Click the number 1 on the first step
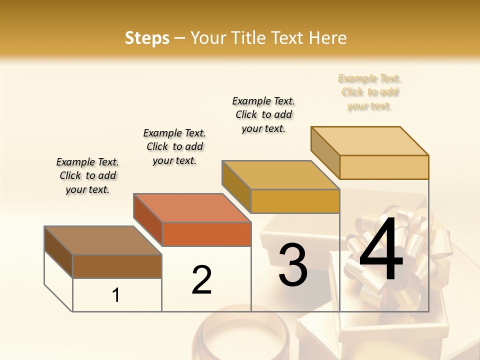click(x=116, y=295)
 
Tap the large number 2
click(x=201, y=279)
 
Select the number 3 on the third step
click(x=293, y=265)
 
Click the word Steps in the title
click(x=147, y=38)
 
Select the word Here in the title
click(x=327, y=38)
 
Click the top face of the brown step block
click(x=102, y=240)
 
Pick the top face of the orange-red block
click(x=192, y=208)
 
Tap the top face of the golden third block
click(x=280, y=175)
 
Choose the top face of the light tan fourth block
click(x=370, y=141)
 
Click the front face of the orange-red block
click(x=206, y=234)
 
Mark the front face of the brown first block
click(x=117, y=266)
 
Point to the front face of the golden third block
click(x=295, y=201)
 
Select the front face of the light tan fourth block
click(x=384, y=167)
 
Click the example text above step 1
click(x=87, y=175)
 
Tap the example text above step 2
click(x=174, y=146)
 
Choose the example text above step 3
click(x=263, y=114)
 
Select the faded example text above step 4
click(x=369, y=92)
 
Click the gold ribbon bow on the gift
click(x=400, y=250)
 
